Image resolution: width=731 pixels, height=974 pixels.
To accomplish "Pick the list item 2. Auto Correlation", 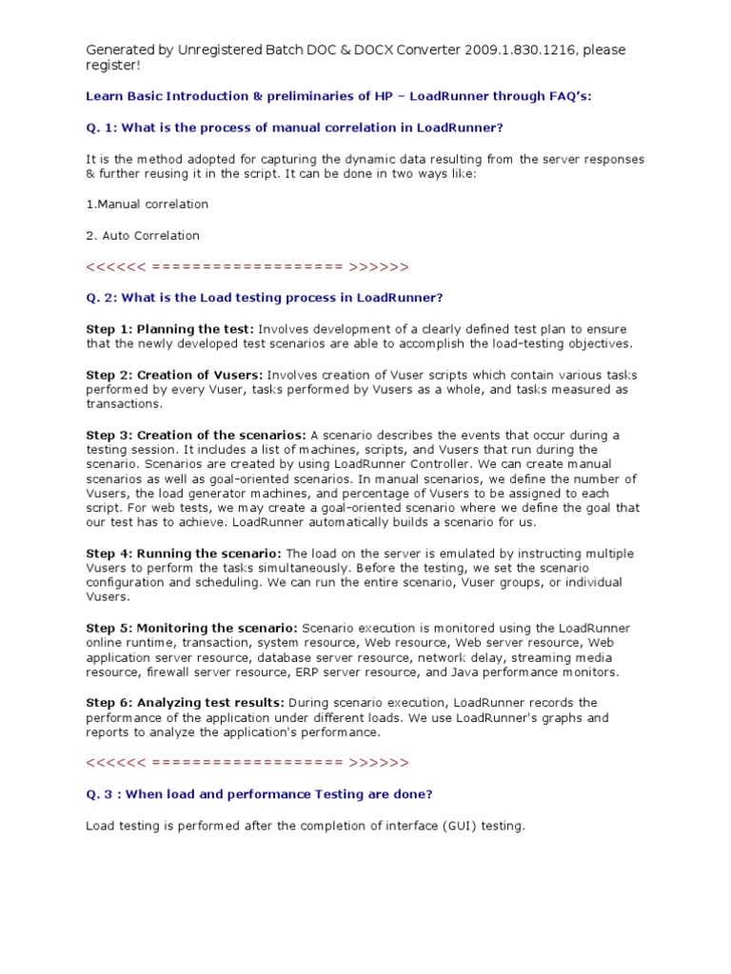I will [x=143, y=235].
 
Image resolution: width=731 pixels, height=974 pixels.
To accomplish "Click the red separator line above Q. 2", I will [x=247, y=266].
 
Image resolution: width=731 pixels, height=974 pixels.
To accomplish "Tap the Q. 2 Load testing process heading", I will [x=265, y=298].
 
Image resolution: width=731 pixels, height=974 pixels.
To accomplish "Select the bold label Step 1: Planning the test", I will [x=170, y=328].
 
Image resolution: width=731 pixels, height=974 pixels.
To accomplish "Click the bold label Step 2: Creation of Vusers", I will [x=175, y=375].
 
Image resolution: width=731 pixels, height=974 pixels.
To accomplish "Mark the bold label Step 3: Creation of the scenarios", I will [x=196, y=435].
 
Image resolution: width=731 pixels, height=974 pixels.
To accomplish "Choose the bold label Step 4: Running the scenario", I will [x=184, y=553].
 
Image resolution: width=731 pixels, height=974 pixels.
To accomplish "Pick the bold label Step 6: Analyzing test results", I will [x=186, y=702].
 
